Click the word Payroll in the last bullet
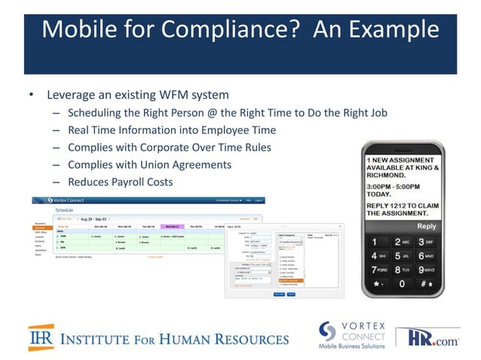click(x=136, y=182)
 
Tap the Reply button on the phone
click(x=426, y=226)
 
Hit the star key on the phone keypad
click(x=375, y=284)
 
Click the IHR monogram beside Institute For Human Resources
click(x=41, y=337)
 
